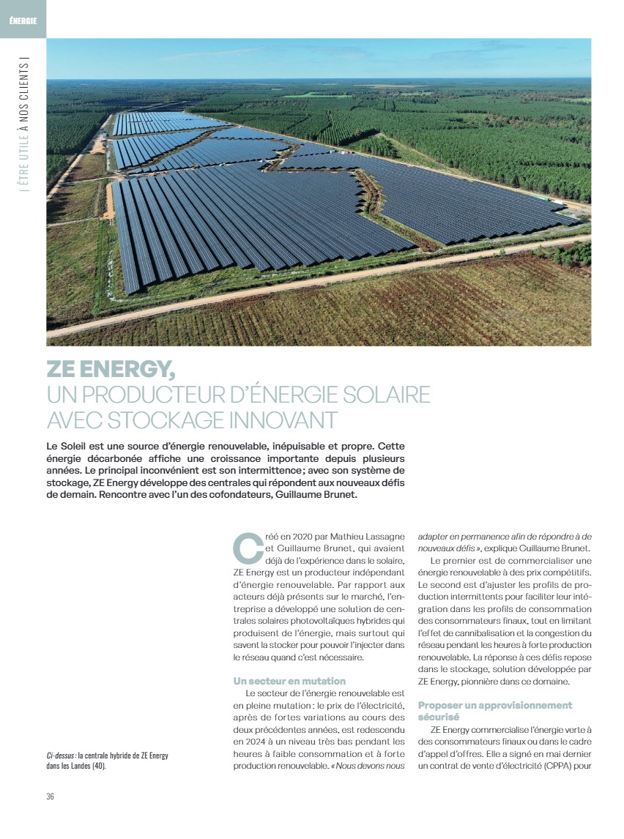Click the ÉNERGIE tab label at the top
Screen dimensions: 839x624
click(23, 20)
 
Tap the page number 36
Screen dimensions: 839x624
click(50, 797)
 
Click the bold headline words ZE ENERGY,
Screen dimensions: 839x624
click(111, 369)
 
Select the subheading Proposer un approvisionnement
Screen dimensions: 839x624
click(494, 705)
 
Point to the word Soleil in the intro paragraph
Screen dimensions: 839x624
click(77, 446)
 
